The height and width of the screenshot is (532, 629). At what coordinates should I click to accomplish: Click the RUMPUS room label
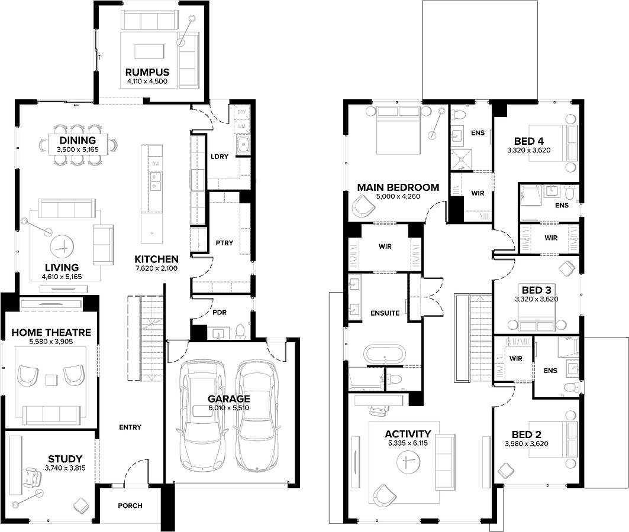[147, 73]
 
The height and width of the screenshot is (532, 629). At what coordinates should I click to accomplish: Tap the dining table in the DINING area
[78, 145]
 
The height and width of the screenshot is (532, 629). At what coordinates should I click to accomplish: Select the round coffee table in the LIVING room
[62, 246]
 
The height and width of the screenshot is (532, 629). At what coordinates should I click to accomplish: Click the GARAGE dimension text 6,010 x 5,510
[228, 408]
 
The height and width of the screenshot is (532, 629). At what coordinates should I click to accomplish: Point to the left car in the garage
[201, 416]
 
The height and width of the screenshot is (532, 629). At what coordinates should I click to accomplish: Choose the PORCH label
[130, 505]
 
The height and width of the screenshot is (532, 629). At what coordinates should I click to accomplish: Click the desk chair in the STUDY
[31, 478]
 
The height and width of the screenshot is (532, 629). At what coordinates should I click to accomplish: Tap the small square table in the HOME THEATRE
[51, 379]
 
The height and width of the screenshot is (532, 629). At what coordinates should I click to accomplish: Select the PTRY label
[224, 243]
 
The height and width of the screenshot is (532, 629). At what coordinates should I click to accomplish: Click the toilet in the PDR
[240, 331]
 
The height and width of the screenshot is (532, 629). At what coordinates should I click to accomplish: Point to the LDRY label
[220, 156]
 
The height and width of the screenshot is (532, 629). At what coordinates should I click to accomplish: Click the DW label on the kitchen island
[156, 164]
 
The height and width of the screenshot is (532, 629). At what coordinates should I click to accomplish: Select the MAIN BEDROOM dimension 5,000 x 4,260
[398, 196]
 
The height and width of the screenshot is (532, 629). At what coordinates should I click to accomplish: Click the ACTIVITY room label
[408, 434]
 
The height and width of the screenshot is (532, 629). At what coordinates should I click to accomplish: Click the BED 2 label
[526, 434]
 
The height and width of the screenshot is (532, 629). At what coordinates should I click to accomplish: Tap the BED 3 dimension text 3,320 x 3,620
[536, 299]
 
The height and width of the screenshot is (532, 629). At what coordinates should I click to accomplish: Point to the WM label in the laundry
[241, 126]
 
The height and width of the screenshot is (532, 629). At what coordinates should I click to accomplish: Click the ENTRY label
[130, 427]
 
